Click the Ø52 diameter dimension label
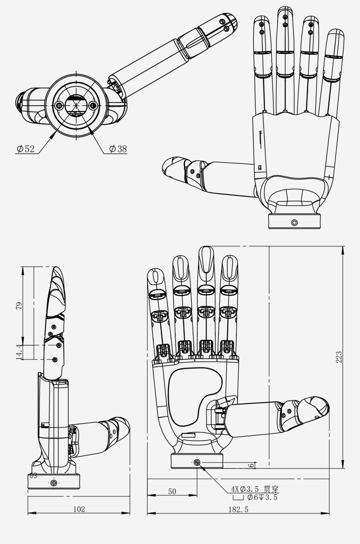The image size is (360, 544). [x=26, y=149]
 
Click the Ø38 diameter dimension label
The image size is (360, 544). [x=118, y=149]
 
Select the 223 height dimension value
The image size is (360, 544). [x=339, y=357]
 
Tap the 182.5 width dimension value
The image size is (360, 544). [x=238, y=509]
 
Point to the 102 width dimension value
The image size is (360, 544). [x=79, y=509]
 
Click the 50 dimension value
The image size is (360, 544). [x=172, y=491]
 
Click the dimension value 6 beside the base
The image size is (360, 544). [x=251, y=465]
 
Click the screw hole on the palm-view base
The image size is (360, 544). [x=197, y=462]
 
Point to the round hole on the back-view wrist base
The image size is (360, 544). [x=294, y=222]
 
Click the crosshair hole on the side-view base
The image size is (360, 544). [x=54, y=483]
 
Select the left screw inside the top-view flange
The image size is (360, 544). [x=59, y=105]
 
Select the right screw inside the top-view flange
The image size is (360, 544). [x=93, y=105]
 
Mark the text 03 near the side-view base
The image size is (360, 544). [x=33, y=476]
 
